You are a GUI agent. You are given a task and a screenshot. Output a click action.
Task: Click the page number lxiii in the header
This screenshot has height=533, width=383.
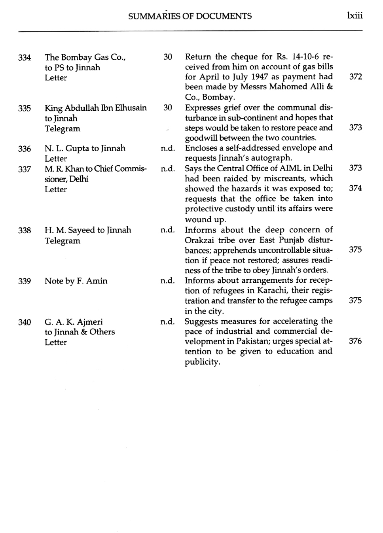355,16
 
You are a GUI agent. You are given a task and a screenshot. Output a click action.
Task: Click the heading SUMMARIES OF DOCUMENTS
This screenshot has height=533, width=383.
190,16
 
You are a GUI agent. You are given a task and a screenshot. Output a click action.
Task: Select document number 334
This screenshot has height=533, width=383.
25,58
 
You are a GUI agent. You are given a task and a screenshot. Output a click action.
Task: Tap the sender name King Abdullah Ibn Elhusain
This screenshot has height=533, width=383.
95,108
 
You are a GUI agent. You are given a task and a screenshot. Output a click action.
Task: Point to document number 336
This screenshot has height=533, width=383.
25,149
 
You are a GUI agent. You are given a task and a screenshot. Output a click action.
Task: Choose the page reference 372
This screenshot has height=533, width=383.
355,77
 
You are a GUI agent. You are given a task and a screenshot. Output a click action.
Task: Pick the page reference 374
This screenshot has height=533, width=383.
355,188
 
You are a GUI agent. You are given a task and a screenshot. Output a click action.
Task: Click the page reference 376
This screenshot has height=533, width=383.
355,341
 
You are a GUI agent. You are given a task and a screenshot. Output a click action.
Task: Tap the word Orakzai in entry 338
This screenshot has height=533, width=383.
200,240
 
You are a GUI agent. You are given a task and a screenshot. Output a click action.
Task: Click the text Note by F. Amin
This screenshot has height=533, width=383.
76,281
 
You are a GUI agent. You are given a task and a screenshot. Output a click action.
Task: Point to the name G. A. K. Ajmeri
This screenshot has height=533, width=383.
74,322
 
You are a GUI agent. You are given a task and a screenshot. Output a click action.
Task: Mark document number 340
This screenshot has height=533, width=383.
25,322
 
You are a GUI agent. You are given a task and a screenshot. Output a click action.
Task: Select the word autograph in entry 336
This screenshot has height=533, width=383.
272,158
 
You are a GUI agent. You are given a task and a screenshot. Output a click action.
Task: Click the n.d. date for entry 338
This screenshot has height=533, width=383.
167,230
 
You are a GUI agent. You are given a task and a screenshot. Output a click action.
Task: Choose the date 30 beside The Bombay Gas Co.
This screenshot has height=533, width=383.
168,57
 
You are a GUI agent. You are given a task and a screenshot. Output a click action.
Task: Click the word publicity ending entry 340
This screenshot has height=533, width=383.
202,362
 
